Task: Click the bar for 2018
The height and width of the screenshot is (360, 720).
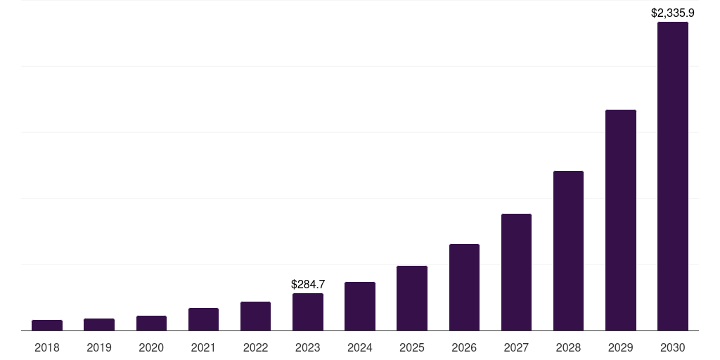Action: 47,325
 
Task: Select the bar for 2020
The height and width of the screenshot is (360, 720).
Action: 151,323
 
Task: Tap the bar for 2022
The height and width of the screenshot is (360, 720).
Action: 255,316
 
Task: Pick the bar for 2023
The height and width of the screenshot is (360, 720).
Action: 308,311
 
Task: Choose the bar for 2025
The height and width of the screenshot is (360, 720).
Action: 412,298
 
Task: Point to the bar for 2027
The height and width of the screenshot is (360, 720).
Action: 516,272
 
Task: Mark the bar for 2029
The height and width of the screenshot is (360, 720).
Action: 620,220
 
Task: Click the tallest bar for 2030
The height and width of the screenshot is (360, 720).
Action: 673,176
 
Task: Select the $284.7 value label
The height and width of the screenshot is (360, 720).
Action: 308,284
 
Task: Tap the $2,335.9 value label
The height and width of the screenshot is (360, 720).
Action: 673,13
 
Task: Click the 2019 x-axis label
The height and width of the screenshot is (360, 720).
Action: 99,347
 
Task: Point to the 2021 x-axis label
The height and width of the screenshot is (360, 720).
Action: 203,347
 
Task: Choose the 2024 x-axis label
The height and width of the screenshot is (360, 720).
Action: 360,347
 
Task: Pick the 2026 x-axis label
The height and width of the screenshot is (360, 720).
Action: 464,347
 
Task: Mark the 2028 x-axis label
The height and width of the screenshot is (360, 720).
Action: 568,347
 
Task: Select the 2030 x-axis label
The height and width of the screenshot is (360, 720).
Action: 673,347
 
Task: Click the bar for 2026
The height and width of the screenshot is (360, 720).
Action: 464,287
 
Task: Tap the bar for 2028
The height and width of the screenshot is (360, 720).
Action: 568,250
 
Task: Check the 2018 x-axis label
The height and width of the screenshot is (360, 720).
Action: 47,347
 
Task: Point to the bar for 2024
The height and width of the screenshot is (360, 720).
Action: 360,306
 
